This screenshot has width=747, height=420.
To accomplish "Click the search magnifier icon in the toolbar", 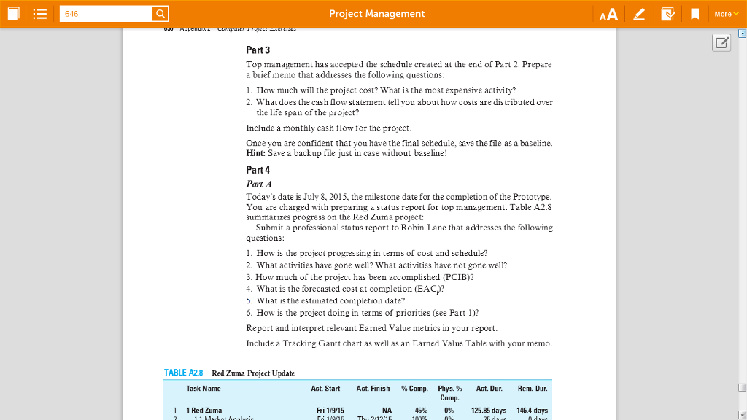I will click(160, 14).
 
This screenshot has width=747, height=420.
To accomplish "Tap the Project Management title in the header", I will click(376, 14).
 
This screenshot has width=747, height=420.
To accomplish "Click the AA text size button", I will click(608, 14).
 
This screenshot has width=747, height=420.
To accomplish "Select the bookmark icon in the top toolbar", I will click(695, 14).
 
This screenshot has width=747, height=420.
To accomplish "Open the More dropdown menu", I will click(724, 14).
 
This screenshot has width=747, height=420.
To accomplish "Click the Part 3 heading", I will click(258, 50).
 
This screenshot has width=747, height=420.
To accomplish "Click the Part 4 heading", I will click(258, 170).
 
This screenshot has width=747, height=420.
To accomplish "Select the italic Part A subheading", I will click(259, 184).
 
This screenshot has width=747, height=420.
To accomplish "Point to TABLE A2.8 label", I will click(183, 373).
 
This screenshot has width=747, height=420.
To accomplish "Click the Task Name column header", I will click(204, 389).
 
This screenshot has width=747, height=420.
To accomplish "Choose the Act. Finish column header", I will click(374, 389).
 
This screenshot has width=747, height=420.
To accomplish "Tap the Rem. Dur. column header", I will click(533, 389).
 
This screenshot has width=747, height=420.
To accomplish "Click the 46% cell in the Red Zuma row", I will click(420, 411).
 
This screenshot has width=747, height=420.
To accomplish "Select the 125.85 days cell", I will click(489, 411).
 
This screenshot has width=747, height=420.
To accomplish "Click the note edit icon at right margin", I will click(721, 43).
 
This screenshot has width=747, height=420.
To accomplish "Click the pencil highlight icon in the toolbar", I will click(639, 14).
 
